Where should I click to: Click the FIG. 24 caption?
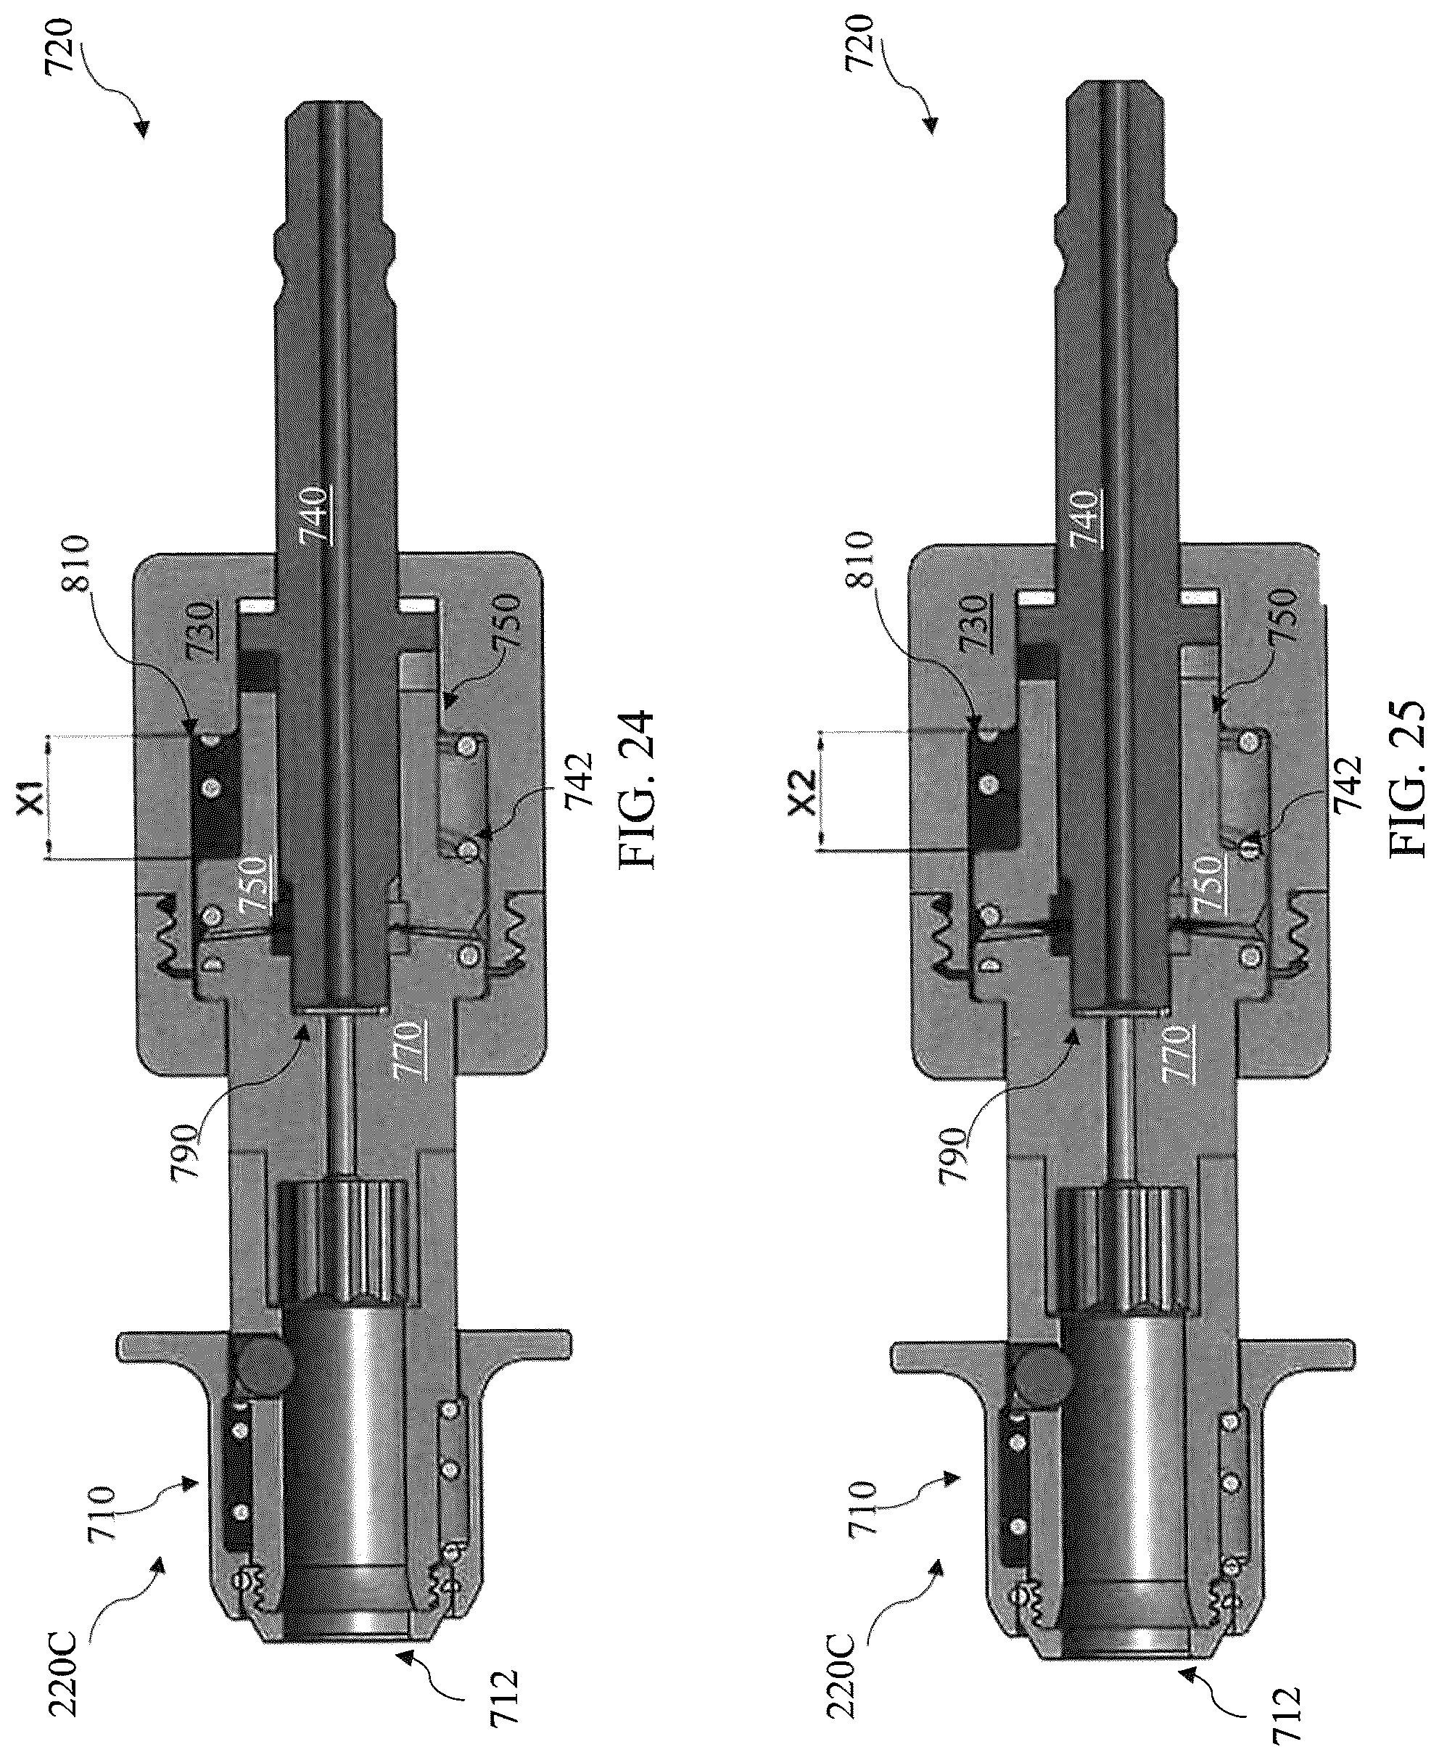(636, 790)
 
